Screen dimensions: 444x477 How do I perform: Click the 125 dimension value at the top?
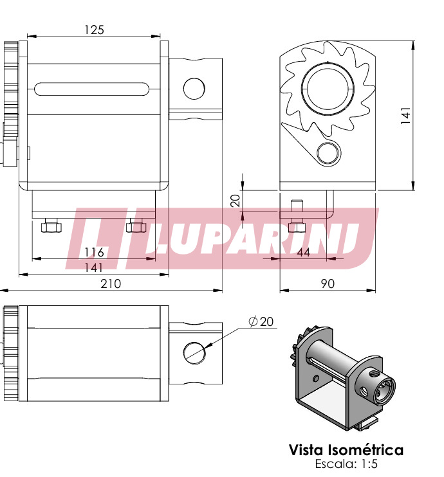[94, 30]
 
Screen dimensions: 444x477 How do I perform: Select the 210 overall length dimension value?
[111, 284]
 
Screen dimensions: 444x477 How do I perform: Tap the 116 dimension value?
[94, 252]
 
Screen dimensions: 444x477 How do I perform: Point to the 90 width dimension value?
[328, 284]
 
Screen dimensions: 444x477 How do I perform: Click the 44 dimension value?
[303, 252]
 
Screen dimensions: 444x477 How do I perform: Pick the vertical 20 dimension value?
[236, 201]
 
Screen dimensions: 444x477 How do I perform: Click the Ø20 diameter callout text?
[261, 321]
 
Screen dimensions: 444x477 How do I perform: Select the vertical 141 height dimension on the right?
[405, 115]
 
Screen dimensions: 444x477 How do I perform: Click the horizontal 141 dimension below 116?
[93, 267]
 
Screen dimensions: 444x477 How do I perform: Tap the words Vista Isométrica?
[346, 450]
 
